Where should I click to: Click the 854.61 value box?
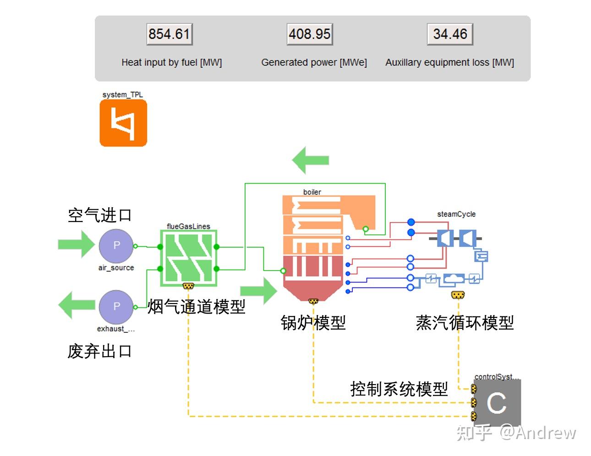click(169, 34)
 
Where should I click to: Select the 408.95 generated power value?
click(310, 34)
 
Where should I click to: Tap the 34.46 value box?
click(450, 34)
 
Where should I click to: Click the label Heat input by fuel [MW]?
click(171, 62)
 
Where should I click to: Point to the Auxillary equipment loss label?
click(449, 62)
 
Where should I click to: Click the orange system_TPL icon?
click(123, 123)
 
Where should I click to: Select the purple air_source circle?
click(116, 246)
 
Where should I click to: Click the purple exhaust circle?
click(116, 307)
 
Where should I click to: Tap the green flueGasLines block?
click(188, 258)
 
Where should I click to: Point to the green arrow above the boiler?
click(311, 160)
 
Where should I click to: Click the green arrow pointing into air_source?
click(76, 244)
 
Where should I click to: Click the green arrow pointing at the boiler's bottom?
click(258, 290)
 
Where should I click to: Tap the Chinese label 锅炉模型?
click(313, 323)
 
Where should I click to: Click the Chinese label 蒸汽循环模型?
click(465, 323)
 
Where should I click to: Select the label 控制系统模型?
click(399, 389)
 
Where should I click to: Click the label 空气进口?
click(99, 215)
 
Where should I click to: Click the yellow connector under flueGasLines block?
click(188, 286)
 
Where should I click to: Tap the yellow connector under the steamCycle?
click(458, 295)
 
